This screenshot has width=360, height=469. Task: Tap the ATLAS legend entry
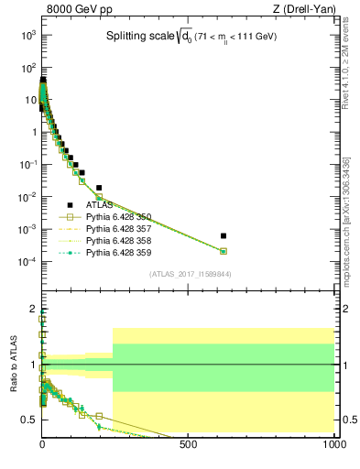coord(100,205)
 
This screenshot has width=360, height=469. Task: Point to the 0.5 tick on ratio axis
coord(30,420)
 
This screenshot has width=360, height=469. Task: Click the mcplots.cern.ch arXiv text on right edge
coord(346,220)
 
